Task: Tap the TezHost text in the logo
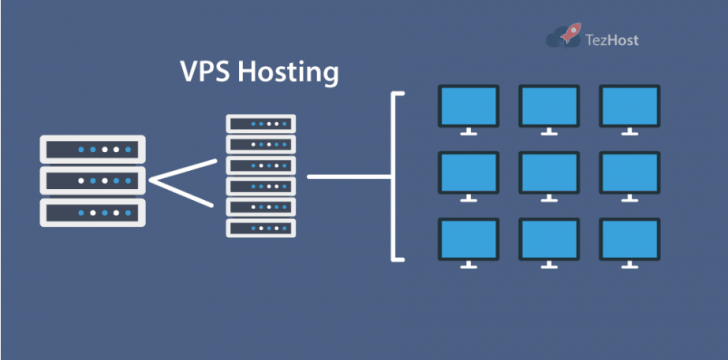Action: [x=613, y=40]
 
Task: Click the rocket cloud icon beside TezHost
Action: [x=566, y=37]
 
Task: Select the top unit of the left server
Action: [x=93, y=149]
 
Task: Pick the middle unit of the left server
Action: [x=93, y=181]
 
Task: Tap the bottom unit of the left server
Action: [x=93, y=212]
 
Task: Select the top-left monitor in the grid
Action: [x=469, y=104]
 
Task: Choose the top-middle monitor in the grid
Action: [x=549, y=104]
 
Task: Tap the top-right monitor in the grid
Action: [x=629, y=104]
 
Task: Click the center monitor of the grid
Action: [x=549, y=171]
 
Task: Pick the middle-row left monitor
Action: [x=469, y=171]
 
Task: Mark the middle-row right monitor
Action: [x=629, y=171]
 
